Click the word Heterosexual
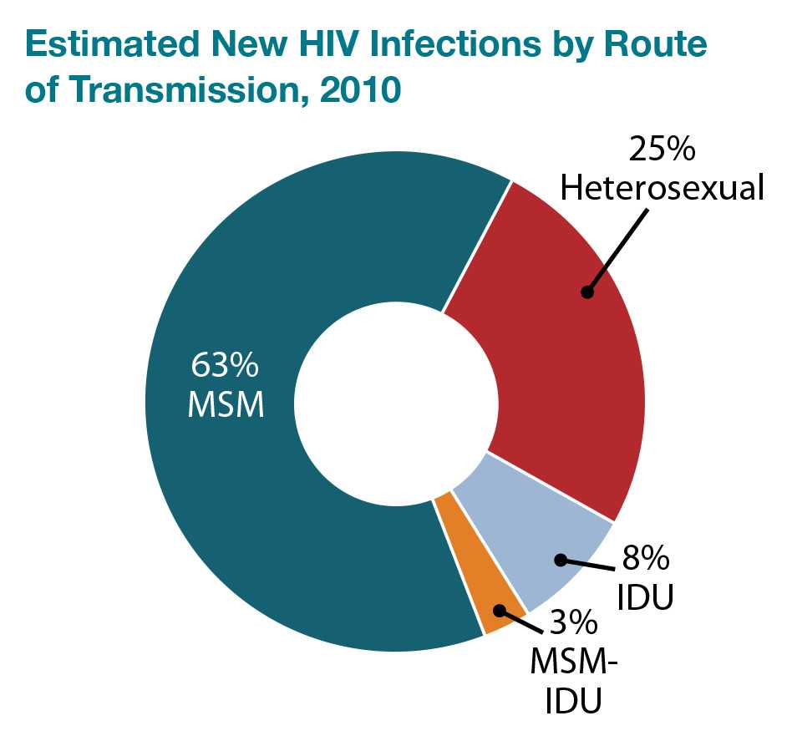(x=662, y=188)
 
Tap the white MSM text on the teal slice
(x=226, y=406)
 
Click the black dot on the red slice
(x=587, y=292)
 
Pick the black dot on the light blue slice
(x=561, y=560)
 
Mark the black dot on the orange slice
(x=499, y=610)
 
